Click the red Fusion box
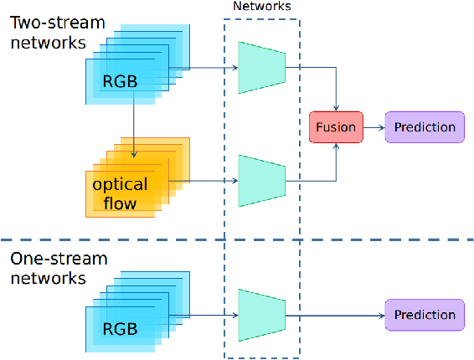335,127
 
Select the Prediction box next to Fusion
425,127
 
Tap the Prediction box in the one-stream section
425,315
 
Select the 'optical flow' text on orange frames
120,193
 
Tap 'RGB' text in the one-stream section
120,329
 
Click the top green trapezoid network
262,67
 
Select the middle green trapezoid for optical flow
262,180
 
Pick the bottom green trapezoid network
262,315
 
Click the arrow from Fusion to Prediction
373,127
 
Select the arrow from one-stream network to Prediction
335,315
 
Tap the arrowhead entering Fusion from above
336,106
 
